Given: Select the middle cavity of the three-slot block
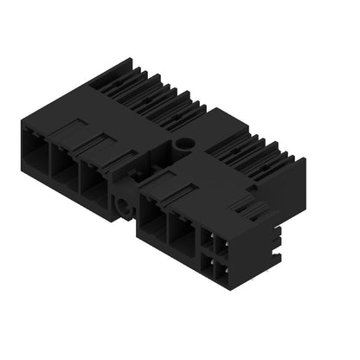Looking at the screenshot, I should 64,164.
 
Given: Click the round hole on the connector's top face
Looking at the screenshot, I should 183,143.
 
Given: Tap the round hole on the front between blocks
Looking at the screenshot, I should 127,207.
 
